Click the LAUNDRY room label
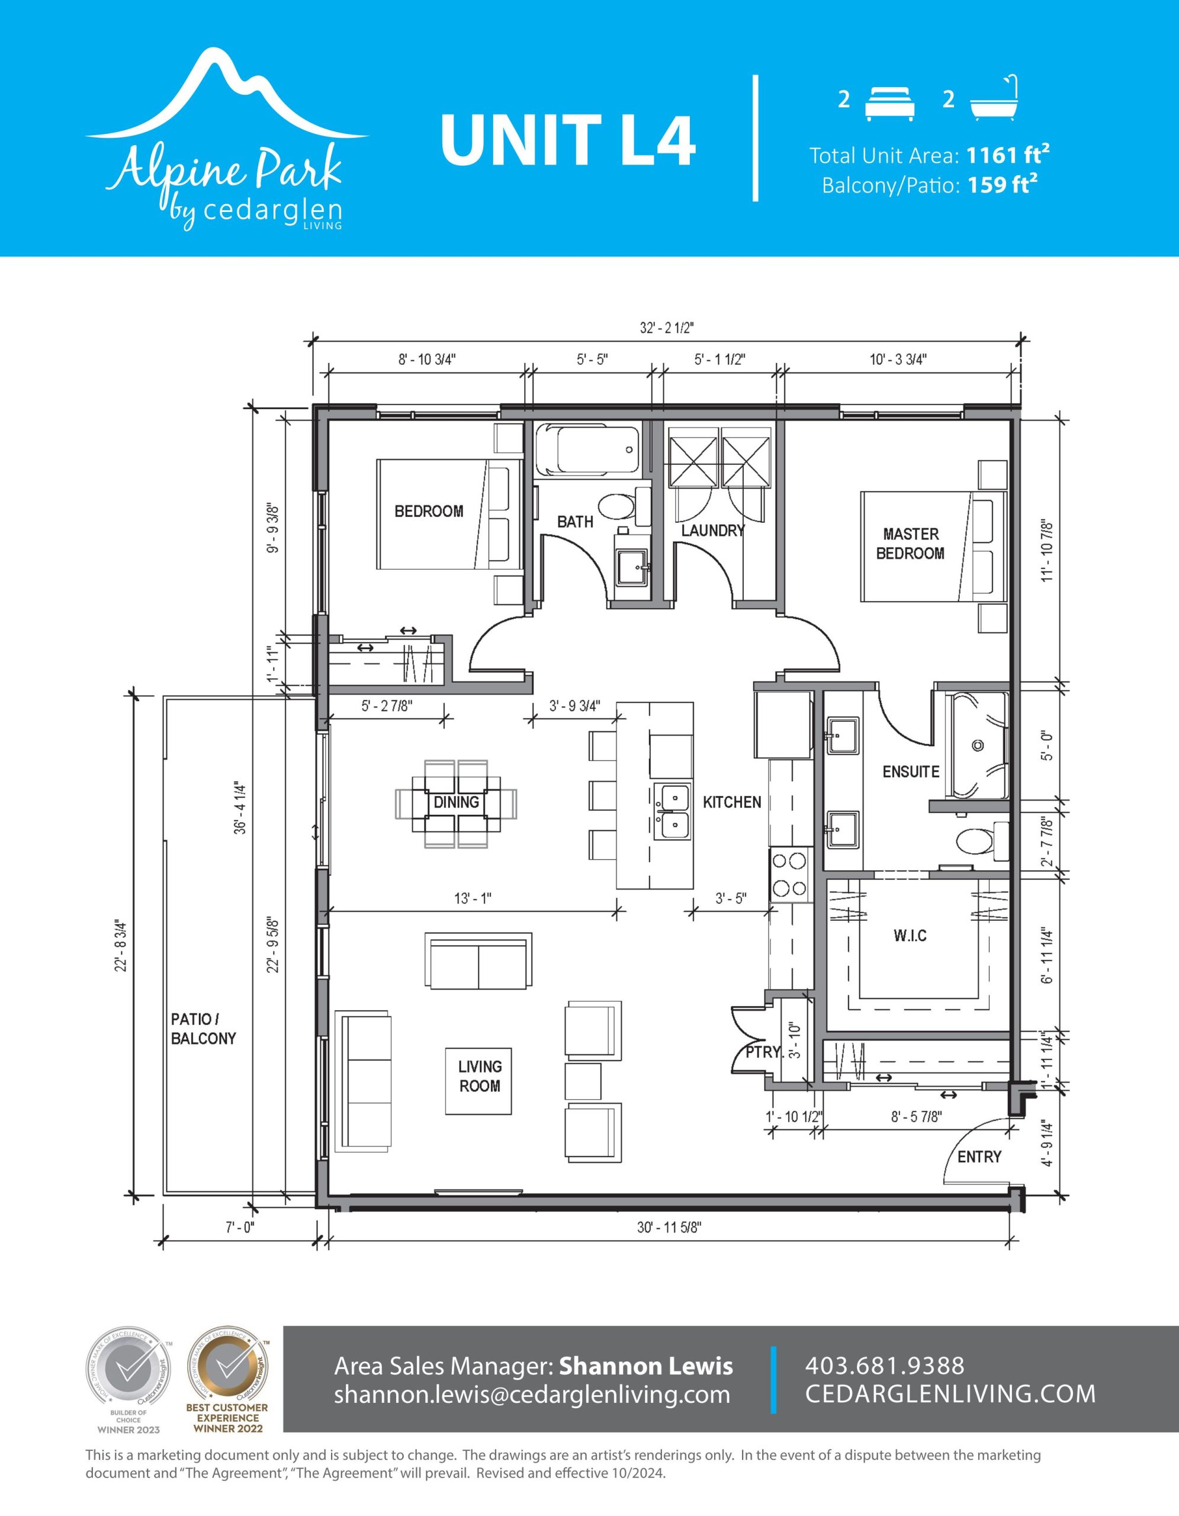pos(713,531)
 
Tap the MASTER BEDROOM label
pos(910,544)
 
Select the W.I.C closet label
pos(910,936)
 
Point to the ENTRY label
pos(979,1157)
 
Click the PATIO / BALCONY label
pos(203,1029)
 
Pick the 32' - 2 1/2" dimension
pos(666,328)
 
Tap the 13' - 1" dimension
pos(473,898)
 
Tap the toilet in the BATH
pos(623,506)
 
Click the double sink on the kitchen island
pos(672,811)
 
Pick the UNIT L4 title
pos(568,142)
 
